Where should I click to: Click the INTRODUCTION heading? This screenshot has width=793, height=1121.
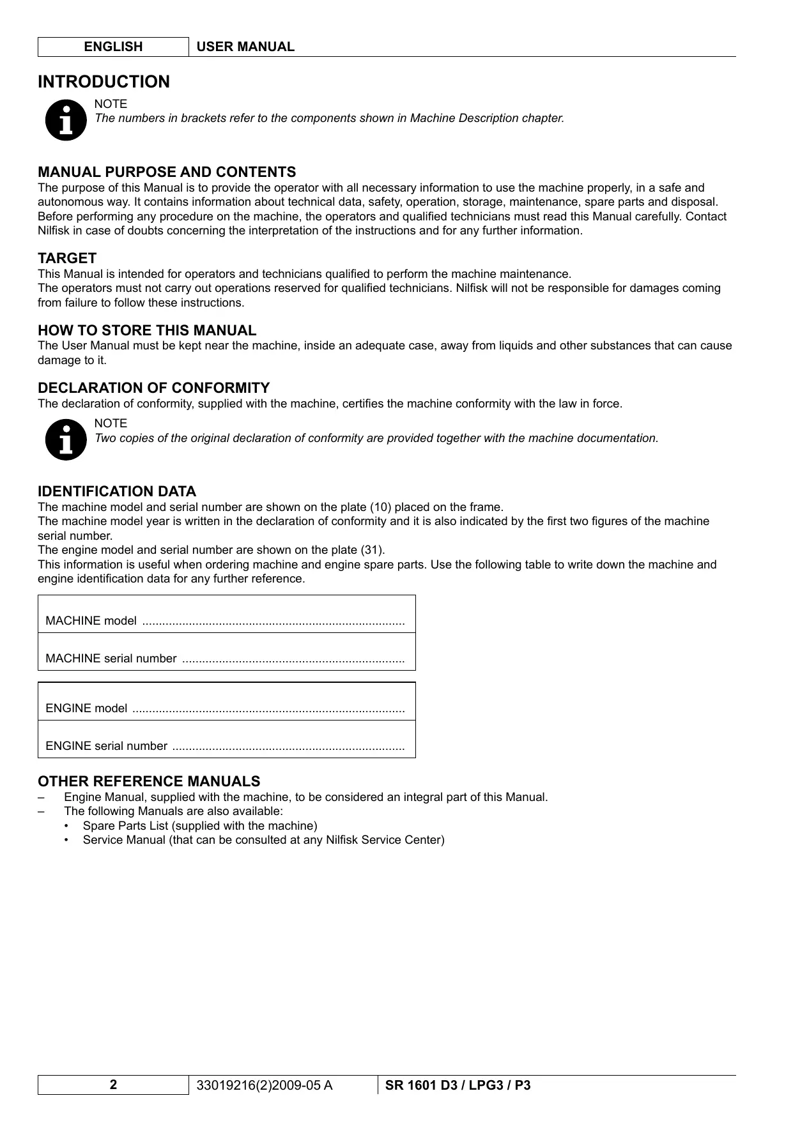(104, 82)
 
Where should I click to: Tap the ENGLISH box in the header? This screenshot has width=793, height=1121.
(113, 47)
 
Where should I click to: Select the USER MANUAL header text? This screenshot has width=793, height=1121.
(245, 47)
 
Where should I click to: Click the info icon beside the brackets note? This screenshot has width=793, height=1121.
(66, 119)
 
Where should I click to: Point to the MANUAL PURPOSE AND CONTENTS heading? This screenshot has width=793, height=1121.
(167, 172)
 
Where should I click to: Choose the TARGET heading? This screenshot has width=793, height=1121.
(67, 258)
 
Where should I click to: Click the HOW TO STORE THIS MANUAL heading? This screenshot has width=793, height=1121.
(147, 330)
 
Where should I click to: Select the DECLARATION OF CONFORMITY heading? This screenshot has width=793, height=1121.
(153, 388)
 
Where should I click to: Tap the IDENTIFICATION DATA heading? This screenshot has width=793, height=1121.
(117, 491)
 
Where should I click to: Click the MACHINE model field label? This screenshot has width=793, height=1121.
(91, 621)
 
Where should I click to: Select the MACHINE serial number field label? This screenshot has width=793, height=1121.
(111, 659)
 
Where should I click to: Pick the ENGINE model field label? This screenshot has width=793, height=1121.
(86, 708)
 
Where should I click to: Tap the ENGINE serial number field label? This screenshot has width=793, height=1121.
(107, 746)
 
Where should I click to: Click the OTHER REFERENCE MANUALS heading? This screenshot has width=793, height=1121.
(149, 781)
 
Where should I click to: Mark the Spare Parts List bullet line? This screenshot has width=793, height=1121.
(199, 825)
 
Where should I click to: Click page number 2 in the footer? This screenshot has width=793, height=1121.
(113, 1085)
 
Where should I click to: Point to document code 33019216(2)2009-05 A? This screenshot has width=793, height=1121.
(265, 1085)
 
